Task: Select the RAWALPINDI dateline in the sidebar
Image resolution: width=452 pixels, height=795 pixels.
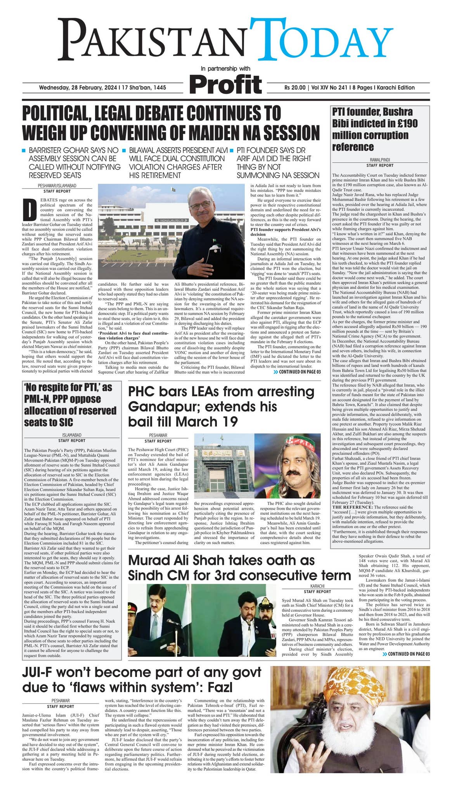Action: click(x=379, y=160)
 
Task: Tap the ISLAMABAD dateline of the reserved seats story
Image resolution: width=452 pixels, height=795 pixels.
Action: click(x=72, y=436)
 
